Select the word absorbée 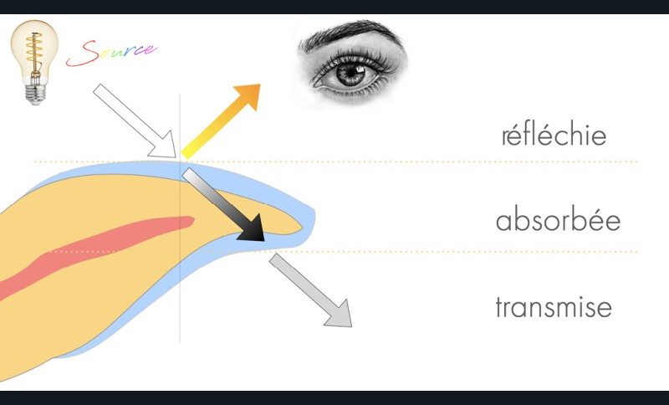coord(558,219)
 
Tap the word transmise coord(554,306)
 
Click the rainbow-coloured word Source coord(112,53)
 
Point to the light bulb coord(34,62)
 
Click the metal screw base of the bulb coord(35,94)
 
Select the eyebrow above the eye coord(350,33)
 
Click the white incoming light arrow coord(135,121)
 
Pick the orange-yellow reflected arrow coord(221,121)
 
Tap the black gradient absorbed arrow coord(223,205)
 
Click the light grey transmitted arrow coord(310,290)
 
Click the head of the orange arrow coord(248,96)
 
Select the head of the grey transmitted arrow coord(340,315)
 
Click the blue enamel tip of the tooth coord(308,222)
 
